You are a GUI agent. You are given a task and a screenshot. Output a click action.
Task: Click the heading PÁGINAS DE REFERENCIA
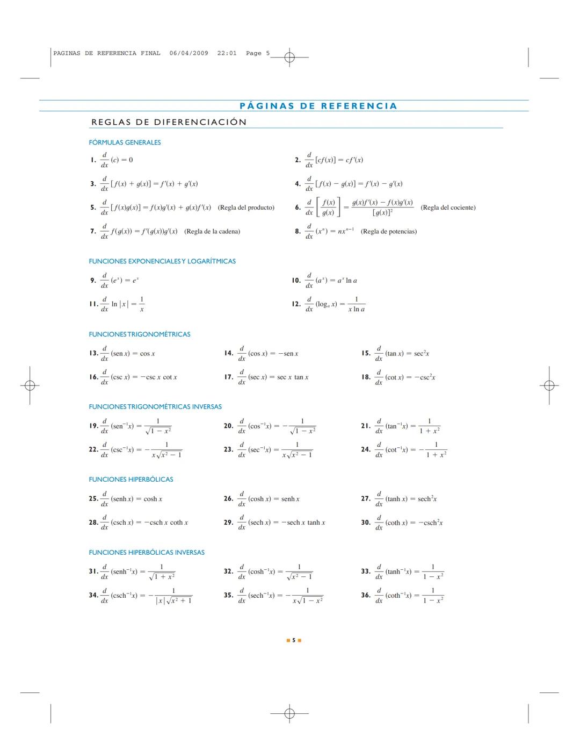click(318, 106)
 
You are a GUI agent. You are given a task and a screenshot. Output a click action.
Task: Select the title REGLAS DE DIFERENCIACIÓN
click(169, 122)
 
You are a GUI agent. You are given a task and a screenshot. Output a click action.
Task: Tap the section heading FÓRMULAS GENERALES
click(125, 142)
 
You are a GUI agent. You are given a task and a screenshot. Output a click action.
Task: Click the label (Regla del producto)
click(246, 208)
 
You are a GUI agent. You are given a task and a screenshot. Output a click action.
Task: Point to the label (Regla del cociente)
click(448, 208)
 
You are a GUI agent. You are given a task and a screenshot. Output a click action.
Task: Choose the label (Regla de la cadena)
click(212, 232)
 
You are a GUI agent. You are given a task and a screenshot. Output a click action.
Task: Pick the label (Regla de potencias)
click(389, 232)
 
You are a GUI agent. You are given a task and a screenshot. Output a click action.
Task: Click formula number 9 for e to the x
click(93, 280)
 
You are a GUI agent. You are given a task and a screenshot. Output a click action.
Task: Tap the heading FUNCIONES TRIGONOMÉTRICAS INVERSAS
click(155, 407)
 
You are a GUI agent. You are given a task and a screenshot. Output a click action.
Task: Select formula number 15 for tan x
click(366, 353)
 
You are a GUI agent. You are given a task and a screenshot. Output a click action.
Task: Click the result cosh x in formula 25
click(153, 499)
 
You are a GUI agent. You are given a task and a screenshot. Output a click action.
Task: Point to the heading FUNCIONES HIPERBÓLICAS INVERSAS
click(147, 552)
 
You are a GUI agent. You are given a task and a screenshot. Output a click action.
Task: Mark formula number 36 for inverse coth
click(366, 595)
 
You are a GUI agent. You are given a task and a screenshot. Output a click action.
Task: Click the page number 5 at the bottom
click(294, 640)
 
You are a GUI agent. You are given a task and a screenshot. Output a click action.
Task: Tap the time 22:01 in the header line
click(227, 53)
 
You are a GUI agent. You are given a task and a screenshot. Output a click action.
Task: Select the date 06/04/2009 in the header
click(189, 53)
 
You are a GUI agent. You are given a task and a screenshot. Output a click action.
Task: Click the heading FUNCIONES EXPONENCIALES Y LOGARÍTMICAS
click(162, 261)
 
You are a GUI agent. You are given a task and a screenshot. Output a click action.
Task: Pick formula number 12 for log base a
click(296, 304)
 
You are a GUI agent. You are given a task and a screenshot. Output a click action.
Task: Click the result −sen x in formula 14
click(288, 354)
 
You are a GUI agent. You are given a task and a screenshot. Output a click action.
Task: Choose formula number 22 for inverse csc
click(93, 449)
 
